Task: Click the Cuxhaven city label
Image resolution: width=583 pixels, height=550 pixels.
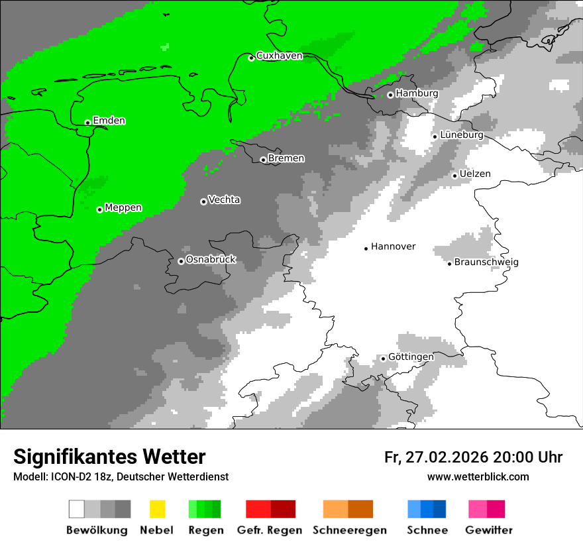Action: point(279,56)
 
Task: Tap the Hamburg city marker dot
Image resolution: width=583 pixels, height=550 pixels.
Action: point(390,95)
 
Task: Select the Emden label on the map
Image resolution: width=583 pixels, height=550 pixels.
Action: point(109,121)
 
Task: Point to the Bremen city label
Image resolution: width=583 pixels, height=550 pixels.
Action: point(286,158)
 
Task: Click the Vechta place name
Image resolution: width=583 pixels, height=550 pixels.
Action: point(224,199)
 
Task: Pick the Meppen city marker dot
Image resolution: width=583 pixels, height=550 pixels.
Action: point(99,209)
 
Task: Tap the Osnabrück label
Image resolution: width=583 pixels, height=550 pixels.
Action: point(211,260)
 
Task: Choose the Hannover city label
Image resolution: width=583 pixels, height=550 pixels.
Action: point(393,247)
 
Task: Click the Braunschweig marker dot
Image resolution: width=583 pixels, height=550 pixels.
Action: point(449,264)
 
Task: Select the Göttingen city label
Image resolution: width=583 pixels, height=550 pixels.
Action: point(411,357)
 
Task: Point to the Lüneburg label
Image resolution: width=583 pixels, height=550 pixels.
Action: point(461,135)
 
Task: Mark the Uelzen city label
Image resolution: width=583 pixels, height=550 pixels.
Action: point(475,174)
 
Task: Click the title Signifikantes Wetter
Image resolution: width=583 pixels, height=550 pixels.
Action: point(109,457)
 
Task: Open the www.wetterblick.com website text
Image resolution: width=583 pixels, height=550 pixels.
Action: point(478,476)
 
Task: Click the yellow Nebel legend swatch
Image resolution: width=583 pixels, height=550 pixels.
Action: point(157,509)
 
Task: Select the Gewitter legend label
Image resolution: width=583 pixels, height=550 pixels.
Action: point(489,530)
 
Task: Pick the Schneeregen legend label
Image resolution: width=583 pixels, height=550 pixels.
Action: point(348,530)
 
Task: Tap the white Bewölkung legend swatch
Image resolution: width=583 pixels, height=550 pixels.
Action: point(77,509)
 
